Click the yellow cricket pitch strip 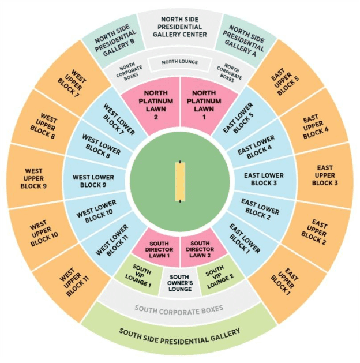click(x=180, y=181)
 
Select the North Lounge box click(x=180, y=63)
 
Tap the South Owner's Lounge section click(x=180, y=282)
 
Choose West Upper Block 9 click(x=34, y=178)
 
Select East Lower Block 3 click(x=264, y=179)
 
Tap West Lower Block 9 click(x=93, y=181)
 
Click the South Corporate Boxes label click(x=179, y=310)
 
